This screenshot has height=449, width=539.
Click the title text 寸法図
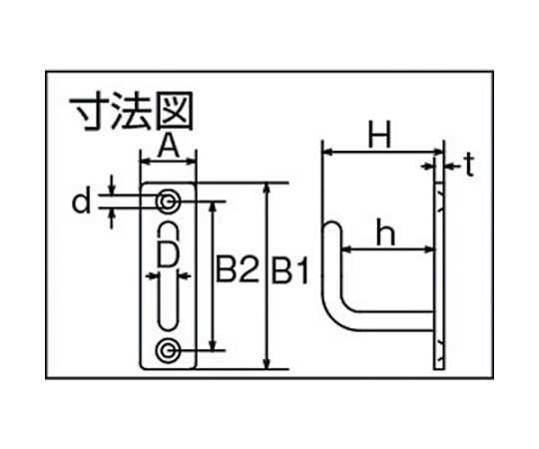(132, 112)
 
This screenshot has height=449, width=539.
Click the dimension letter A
(168, 145)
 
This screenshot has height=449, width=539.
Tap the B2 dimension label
(237, 270)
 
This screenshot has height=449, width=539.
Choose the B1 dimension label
(289, 270)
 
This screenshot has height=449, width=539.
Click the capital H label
(379, 135)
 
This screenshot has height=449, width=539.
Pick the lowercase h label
(385, 232)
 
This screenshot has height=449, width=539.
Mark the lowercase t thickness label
(469, 166)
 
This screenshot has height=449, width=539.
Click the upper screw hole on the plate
(168, 202)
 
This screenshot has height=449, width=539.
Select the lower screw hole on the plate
(168, 350)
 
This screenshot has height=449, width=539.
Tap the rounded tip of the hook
(332, 224)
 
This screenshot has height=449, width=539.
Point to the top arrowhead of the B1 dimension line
(268, 188)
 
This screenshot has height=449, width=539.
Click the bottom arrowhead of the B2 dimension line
(214, 345)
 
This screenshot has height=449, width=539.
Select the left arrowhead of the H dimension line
(328, 151)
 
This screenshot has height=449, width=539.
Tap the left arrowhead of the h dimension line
(347, 249)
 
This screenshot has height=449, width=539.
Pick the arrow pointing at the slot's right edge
(185, 275)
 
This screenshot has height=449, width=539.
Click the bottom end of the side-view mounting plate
(438, 368)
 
